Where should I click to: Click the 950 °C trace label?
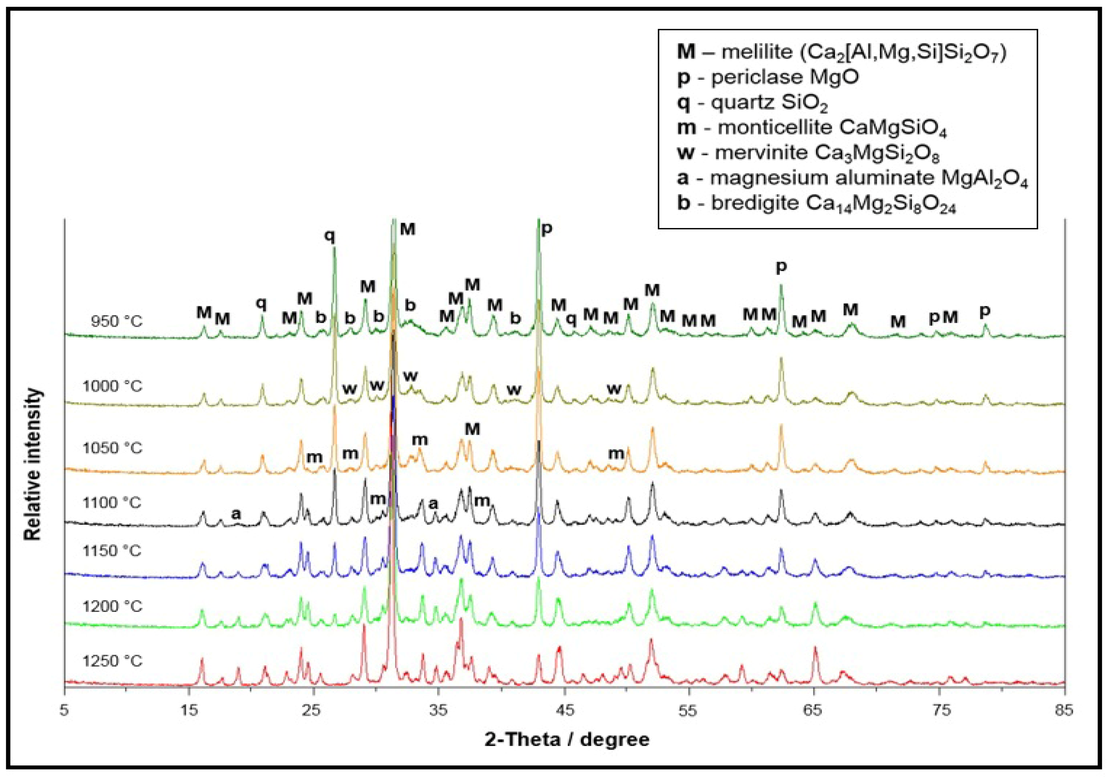coord(117,322)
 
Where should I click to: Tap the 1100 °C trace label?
coord(112,503)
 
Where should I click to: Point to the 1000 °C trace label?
coord(112,386)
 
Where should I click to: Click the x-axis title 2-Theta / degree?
coord(567,740)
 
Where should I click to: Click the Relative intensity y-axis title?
coord(33,464)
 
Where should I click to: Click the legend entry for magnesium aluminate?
coord(852,178)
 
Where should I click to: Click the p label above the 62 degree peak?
coord(781,266)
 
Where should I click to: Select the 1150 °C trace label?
coord(112,551)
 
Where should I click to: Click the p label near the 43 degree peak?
coord(546,229)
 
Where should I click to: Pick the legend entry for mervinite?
coord(808,153)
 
